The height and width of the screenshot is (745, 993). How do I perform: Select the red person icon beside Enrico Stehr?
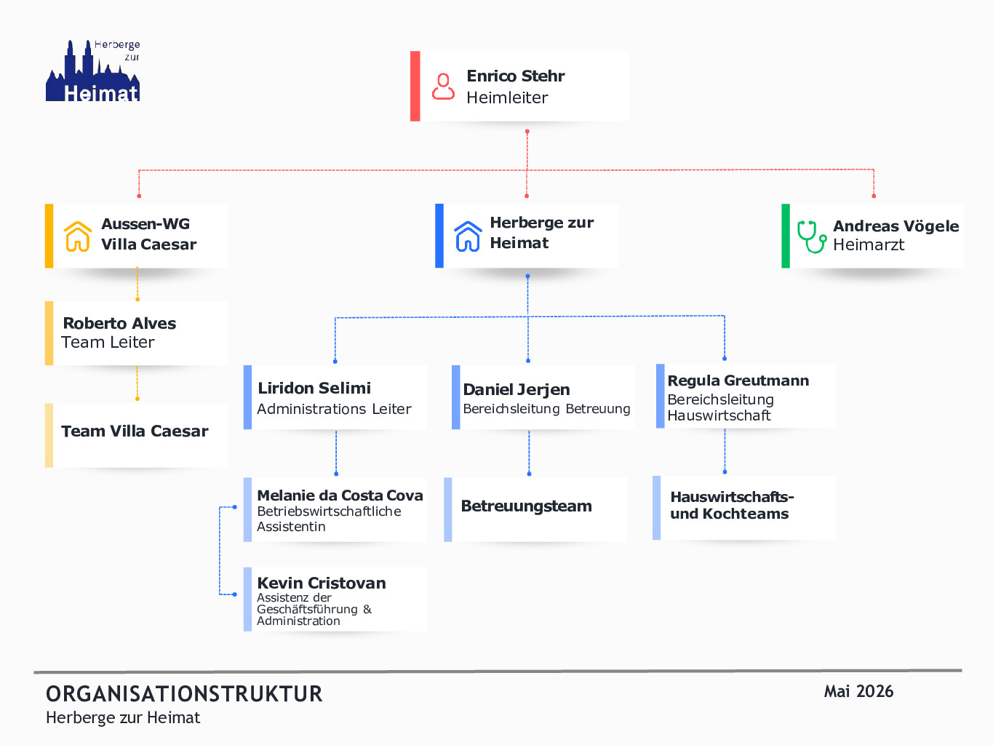[x=443, y=87]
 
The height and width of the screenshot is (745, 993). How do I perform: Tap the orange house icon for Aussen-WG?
[x=77, y=236]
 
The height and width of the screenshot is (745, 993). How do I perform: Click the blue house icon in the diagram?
[x=468, y=236]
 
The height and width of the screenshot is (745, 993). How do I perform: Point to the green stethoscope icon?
[x=812, y=236]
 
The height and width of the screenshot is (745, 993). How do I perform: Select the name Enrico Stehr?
[x=515, y=76]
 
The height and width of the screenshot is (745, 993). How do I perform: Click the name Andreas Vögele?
[x=896, y=226]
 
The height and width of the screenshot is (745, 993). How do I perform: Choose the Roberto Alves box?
[x=136, y=333]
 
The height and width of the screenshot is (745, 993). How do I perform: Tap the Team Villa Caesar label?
[x=135, y=431]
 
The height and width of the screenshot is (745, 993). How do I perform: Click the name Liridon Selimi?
[x=314, y=388]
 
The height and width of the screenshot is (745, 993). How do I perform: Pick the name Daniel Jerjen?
[x=517, y=389]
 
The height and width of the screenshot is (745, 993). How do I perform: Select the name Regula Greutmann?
[x=738, y=381]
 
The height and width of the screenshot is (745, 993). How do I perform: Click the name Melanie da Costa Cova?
[x=340, y=495]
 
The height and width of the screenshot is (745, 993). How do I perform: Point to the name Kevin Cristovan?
[x=322, y=583]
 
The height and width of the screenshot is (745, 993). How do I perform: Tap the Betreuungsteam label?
[x=526, y=506]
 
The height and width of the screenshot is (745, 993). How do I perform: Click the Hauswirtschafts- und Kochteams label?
[x=732, y=505]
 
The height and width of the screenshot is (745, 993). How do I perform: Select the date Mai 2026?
[x=858, y=692]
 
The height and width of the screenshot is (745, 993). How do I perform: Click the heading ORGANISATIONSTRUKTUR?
[x=184, y=694]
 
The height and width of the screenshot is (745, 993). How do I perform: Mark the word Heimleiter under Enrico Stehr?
[x=507, y=97]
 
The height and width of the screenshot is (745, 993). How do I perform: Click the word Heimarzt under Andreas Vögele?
[x=869, y=244]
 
